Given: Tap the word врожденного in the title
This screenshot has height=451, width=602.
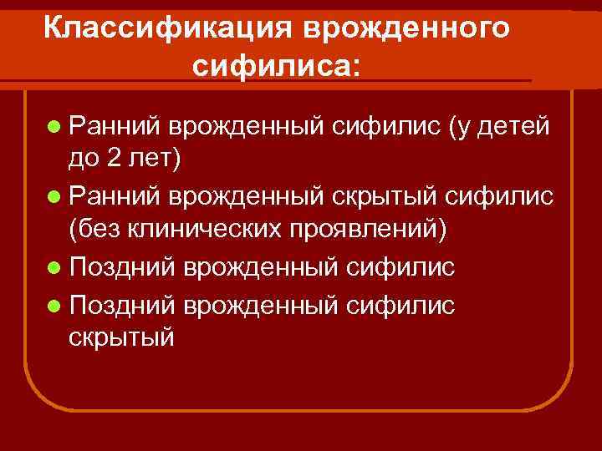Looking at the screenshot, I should pyautogui.click(x=406, y=28).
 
